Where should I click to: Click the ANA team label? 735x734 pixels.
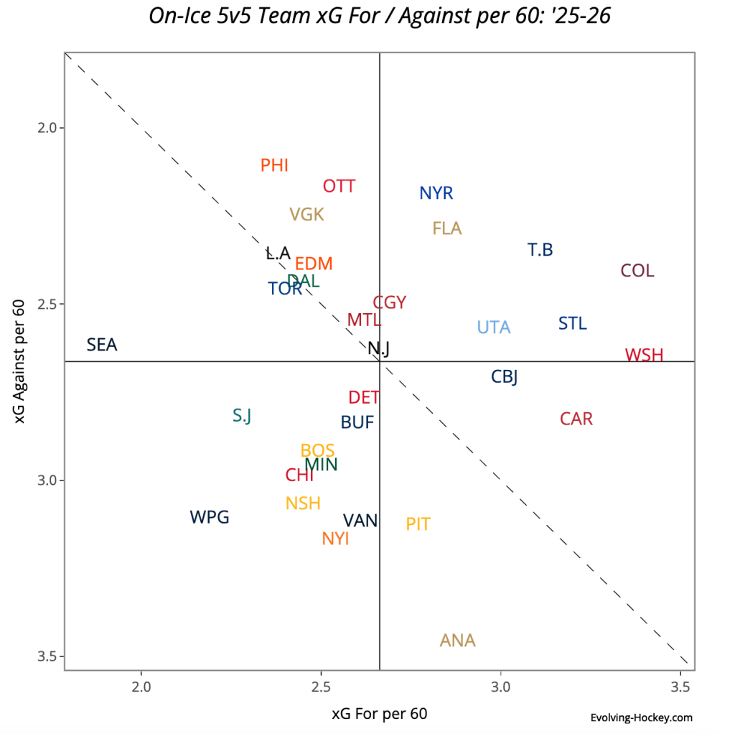(x=458, y=641)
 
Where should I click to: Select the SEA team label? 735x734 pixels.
(x=102, y=345)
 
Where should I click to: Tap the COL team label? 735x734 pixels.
(x=637, y=271)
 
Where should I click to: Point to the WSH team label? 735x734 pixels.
(x=644, y=356)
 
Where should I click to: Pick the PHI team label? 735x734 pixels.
(x=274, y=166)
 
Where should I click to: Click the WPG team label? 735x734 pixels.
(x=210, y=517)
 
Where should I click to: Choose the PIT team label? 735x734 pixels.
(x=418, y=524)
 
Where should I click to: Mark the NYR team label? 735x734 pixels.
(x=436, y=194)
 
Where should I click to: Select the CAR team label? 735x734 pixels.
(x=576, y=419)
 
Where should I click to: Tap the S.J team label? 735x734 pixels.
(x=242, y=416)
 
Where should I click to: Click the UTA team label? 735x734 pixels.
(x=494, y=327)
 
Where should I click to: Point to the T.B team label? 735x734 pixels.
(x=540, y=251)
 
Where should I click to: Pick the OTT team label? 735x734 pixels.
(x=339, y=187)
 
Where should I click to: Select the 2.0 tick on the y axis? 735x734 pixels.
(x=50, y=128)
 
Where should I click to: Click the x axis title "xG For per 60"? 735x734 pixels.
(x=379, y=714)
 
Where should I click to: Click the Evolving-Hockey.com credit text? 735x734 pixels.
(x=641, y=717)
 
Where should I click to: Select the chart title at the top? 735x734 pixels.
(x=379, y=16)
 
